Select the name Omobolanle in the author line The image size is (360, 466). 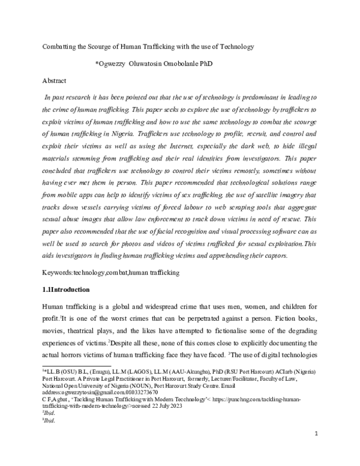182,63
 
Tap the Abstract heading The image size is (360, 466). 54,80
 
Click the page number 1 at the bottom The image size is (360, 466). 323,450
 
